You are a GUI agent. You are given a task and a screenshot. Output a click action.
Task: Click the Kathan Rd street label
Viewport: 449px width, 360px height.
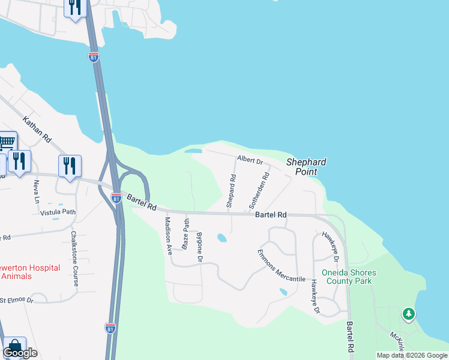click(x=37, y=129)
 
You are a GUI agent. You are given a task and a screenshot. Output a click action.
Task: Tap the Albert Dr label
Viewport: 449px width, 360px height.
click(x=250, y=160)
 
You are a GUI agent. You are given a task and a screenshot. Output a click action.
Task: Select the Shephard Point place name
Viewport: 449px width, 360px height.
click(x=306, y=167)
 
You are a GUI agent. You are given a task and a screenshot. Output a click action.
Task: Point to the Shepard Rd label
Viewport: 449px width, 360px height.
click(x=231, y=191)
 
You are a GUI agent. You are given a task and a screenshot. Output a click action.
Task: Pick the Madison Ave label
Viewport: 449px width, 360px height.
click(x=169, y=234)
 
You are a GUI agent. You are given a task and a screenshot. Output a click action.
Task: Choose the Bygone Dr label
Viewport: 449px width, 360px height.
click(x=199, y=247)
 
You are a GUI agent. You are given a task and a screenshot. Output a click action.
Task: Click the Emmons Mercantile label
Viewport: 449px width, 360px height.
click(x=282, y=266)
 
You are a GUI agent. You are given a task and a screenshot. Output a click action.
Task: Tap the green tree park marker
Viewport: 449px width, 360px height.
click(x=409, y=313)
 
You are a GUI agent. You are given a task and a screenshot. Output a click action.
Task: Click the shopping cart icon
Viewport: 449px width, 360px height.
click(x=7, y=143)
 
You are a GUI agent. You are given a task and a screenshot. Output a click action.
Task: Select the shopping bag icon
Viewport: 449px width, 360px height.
click(x=14, y=347)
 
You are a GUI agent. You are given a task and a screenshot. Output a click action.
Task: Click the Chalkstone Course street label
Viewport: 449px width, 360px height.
click(x=74, y=259)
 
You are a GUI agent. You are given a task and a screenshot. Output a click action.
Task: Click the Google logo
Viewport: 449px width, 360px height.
click(x=20, y=353)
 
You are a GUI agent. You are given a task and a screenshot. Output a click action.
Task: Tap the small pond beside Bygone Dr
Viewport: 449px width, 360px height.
click(x=222, y=238)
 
